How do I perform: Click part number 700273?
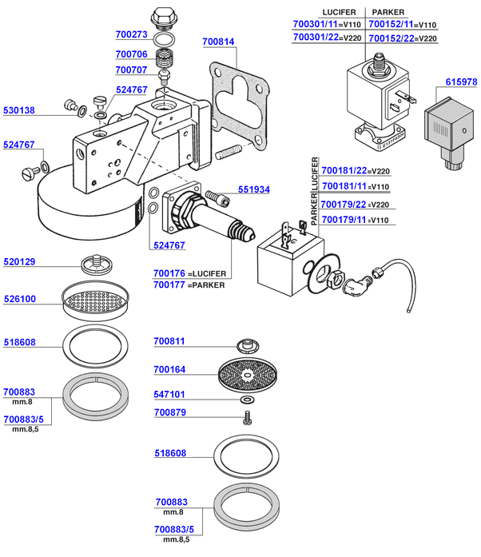click(132, 35)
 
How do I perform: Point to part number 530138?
click(20, 110)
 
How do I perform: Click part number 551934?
click(254, 189)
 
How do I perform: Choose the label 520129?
click(20, 262)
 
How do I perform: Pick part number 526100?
click(20, 300)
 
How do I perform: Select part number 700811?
click(170, 342)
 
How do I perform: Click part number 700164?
click(170, 369)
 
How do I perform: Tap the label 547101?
click(170, 395)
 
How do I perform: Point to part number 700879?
click(170, 412)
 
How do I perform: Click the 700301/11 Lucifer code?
click(316, 25)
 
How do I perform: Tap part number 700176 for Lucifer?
click(169, 273)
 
